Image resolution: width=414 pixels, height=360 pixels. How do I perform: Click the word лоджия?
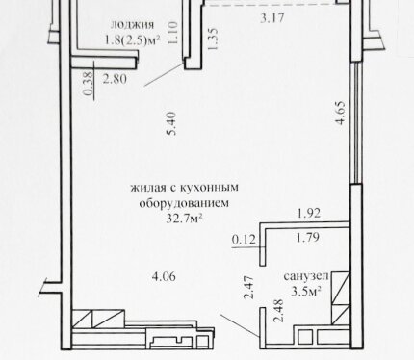coord(132,25)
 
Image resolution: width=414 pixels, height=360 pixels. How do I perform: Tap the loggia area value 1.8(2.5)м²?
coord(132,40)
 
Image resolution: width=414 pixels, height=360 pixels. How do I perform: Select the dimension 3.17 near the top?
coord(272,18)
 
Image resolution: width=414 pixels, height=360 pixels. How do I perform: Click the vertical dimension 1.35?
coord(213,39)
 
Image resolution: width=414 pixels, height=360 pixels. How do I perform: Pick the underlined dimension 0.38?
coord(89,83)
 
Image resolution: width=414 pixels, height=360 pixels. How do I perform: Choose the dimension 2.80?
coord(115,79)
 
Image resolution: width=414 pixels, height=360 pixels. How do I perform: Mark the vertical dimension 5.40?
coord(171,123)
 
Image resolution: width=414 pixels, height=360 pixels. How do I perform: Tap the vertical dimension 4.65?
coord(340,113)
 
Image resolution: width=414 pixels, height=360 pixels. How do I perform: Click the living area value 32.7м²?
coord(184,219)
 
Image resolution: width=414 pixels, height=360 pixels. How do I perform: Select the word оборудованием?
coord(184,203)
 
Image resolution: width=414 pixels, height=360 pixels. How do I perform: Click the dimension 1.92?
coord(309,213)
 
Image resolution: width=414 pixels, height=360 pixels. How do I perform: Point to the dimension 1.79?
coord(307,238)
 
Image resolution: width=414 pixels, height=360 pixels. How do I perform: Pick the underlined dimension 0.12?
coord(244,239)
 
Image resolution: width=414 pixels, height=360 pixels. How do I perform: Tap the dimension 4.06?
coord(164,276)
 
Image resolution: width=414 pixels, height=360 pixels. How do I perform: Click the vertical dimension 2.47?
coord(249,288)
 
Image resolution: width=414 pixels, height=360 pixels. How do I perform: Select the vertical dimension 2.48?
coord(278,311)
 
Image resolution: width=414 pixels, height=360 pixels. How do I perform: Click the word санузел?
coord(306,276)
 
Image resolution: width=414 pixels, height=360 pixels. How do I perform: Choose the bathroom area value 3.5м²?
coord(306,292)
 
